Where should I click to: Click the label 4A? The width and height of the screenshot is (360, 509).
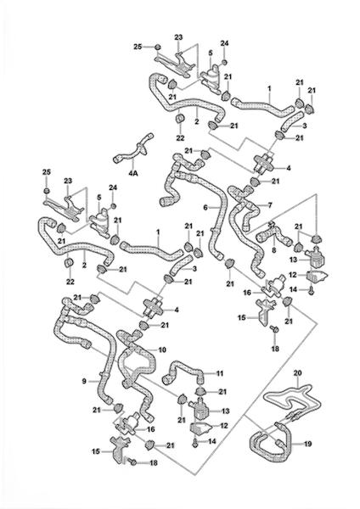coord(133,173)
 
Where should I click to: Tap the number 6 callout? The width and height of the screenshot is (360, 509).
coord(205,207)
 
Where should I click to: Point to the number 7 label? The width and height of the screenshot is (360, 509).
coord(270,205)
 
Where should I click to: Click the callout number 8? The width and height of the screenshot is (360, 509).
coord(274,250)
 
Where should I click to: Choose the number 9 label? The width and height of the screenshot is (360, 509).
coord(84,381)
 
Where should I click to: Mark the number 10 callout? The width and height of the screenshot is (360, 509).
coord(162,350)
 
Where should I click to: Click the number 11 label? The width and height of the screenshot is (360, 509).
coord(220,373)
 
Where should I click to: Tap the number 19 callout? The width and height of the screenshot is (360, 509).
coord(307,443)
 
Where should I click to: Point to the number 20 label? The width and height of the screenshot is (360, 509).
coord(298,373)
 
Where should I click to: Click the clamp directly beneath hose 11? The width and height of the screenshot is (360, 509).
coord(200,392)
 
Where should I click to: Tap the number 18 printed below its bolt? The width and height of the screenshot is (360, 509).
coord(275,349)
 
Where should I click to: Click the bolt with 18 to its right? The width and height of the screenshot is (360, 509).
coord(132,461)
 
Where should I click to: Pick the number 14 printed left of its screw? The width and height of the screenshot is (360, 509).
coord(293,289)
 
